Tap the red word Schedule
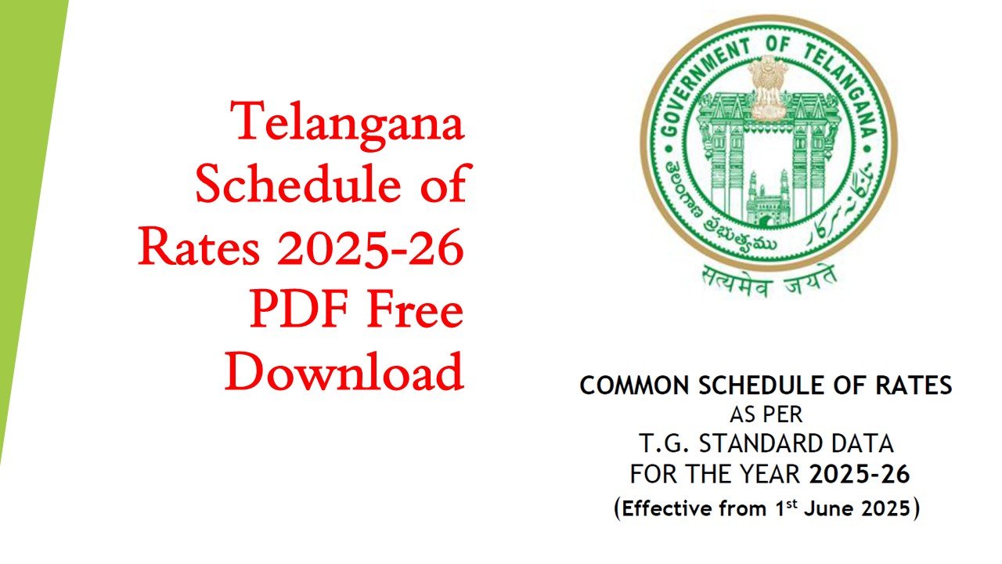(298, 183)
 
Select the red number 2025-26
(370, 248)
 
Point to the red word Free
(415, 309)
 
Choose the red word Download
(344, 371)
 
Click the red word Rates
(199, 248)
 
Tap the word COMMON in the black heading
(634, 385)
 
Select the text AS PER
(766, 415)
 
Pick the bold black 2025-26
(860, 474)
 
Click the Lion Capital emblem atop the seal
(768, 87)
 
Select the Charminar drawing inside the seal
(768, 198)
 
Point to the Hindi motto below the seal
(769, 281)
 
